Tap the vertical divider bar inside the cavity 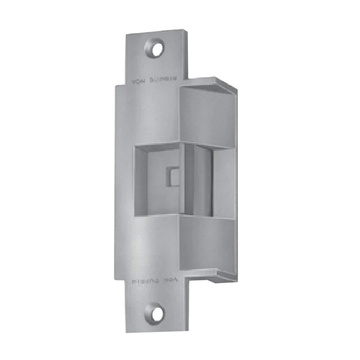tap(189, 180)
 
